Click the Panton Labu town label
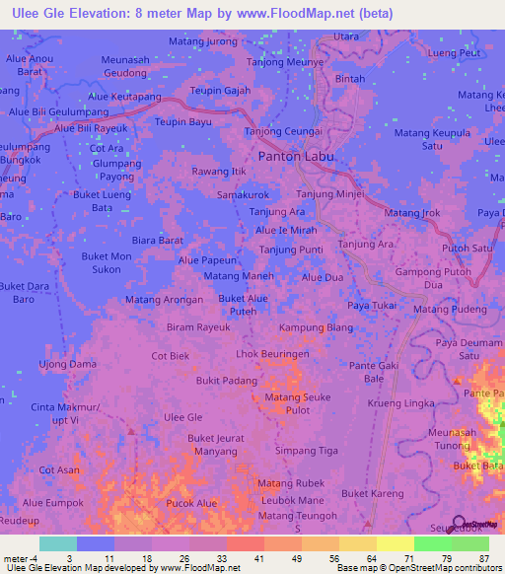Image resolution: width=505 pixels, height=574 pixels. pyautogui.click(x=296, y=156)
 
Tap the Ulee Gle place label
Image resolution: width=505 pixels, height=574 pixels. pyautogui.click(x=182, y=417)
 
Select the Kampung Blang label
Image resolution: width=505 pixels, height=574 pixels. pyautogui.click(x=316, y=327)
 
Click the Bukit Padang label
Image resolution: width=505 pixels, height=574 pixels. pyautogui.click(x=226, y=380)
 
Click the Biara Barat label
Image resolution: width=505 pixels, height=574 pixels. pyautogui.click(x=158, y=240)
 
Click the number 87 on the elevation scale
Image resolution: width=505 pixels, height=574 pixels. pyautogui.click(x=484, y=557)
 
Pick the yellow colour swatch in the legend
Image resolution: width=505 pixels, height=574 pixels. pyautogui.click(x=396, y=543)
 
